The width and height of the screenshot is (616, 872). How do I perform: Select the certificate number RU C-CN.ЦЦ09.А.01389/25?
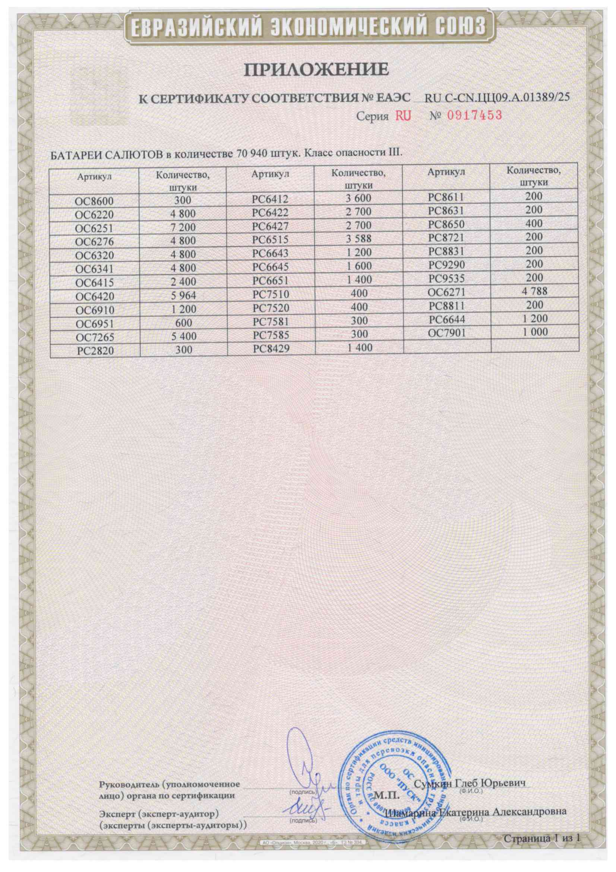click(497, 98)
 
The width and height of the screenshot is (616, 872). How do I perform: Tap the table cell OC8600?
click(95, 201)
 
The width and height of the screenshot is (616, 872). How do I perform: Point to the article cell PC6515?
click(271, 240)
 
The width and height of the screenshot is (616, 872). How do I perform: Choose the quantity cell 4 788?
click(534, 292)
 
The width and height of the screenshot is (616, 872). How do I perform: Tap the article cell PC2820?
click(95, 351)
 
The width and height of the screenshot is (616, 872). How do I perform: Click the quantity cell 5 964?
click(183, 295)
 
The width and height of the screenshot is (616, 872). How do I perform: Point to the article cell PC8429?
click(271, 348)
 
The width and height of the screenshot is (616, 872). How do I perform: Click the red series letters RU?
click(403, 116)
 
